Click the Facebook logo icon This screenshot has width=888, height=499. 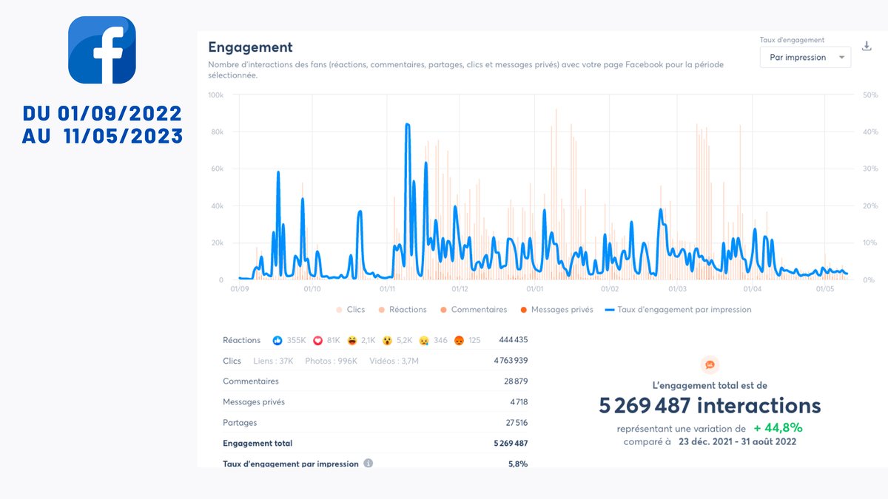coord(102,50)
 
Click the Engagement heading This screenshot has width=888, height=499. coord(250,47)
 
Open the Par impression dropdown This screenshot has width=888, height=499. coord(805,57)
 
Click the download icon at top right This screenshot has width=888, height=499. coord(867,46)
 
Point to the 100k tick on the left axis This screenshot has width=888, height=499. coord(215,95)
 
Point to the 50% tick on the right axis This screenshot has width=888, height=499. coord(869,95)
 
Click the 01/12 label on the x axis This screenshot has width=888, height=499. coord(460,289)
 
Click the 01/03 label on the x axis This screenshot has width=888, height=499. coord(677,289)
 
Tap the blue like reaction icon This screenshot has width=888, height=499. coord(277,340)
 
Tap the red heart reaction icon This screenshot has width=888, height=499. coord(319,340)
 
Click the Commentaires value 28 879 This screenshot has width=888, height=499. coord(515,381)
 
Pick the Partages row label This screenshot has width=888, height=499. coord(240,423)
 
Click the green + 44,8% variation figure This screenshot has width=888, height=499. coord(778,428)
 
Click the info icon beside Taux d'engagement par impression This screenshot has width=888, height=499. coord(369,464)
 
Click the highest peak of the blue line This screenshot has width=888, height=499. coord(408,125)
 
